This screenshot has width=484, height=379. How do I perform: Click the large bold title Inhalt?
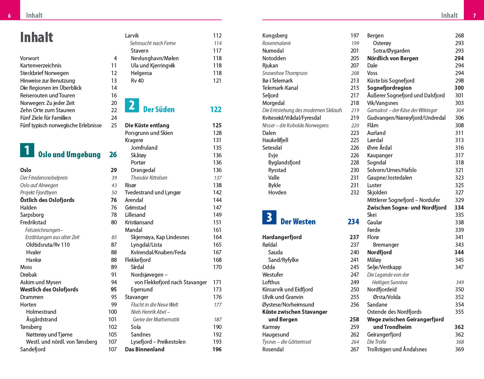pyautogui.click(x=37, y=38)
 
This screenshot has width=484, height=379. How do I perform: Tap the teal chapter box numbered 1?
pyautogui.click(x=27, y=150)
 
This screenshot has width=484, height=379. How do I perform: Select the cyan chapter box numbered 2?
pyautogui.click(x=132, y=105)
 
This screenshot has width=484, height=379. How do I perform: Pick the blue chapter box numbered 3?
pyautogui.click(x=269, y=217)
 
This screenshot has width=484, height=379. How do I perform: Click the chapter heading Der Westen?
pyautogui.click(x=298, y=222)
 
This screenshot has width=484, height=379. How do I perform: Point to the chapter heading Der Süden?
pyautogui.click(x=159, y=110)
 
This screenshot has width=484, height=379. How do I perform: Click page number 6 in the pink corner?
pyautogui.click(x=9, y=16)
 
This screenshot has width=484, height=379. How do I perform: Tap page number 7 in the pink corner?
pyautogui.click(x=474, y=16)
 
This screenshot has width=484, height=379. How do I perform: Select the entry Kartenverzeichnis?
pyautogui.click(x=41, y=66)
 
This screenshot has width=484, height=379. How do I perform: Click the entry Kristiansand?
pyautogui.click(x=139, y=222)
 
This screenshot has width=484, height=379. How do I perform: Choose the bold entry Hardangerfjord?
pyautogui.click(x=282, y=237)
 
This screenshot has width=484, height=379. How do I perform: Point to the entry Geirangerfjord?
pyautogui.click(x=384, y=335)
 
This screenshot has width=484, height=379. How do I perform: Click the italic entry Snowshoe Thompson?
pyautogui.click(x=285, y=73)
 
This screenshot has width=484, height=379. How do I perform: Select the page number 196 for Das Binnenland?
pyautogui.click(x=217, y=349)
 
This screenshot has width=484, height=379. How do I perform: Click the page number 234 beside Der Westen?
pyautogui.click(x=353, y=222)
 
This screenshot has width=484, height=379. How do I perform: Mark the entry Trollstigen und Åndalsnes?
pyautogui.click(x=397, y=349)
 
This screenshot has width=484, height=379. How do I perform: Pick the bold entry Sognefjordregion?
pyautogui.click(x=389, y=88)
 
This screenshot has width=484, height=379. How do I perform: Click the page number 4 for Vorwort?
pyautogui.click(x=115, y=58)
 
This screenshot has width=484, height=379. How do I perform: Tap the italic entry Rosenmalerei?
pyautogui.click(x=277, y=43)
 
